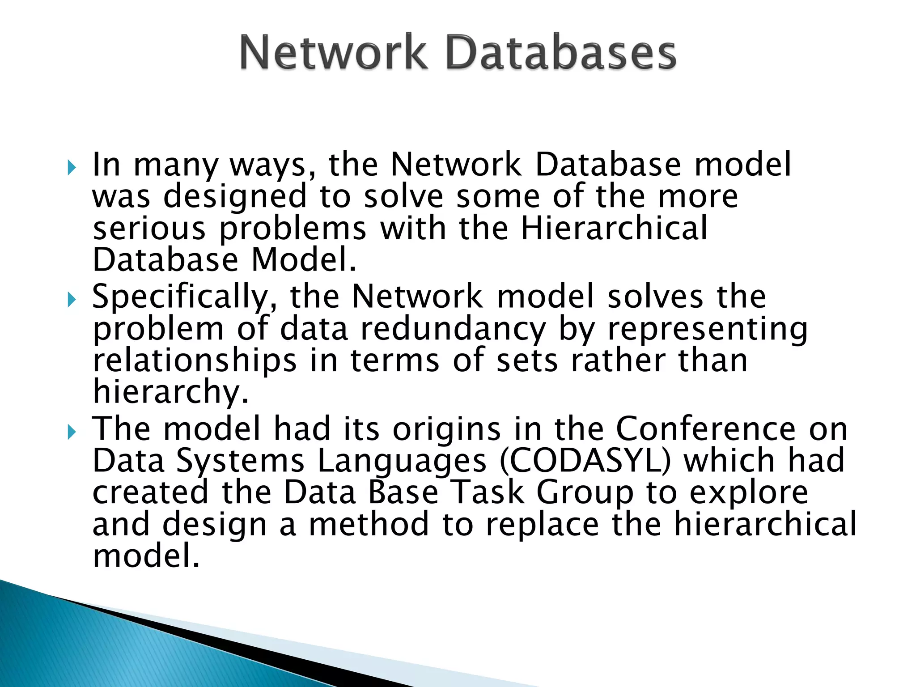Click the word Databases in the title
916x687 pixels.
tap(561, 54)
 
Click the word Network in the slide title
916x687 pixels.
tap(333, 54)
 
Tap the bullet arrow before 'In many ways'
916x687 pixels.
tap(72, 169)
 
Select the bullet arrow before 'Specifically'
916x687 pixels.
tap(72, 300)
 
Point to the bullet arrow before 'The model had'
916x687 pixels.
tap(72, 432)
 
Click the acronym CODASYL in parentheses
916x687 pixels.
tap(585, 461)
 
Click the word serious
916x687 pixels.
tap(149, 228)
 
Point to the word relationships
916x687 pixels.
tap(195, 361)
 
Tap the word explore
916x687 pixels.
tap(749, 493)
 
